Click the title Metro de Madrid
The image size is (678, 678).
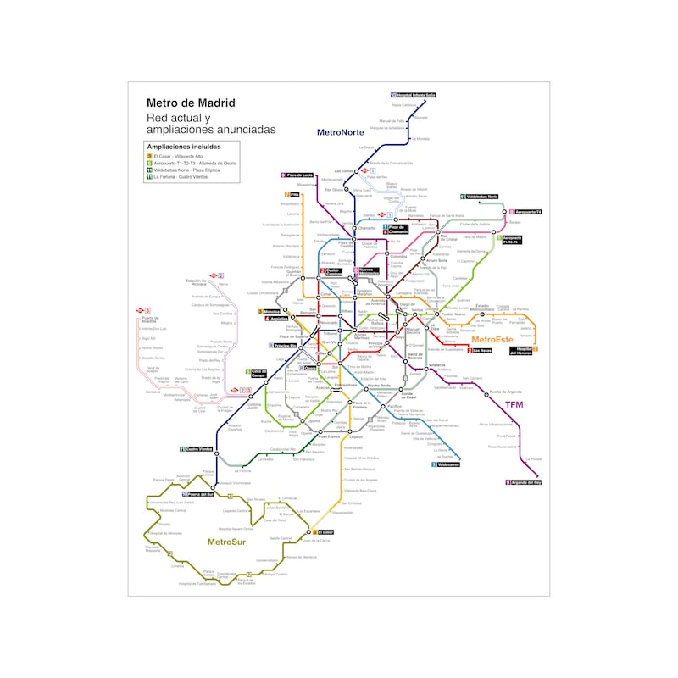pos(191,103)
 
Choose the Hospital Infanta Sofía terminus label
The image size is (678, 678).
pos(414,95)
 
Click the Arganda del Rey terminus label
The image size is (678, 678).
pos(525,482)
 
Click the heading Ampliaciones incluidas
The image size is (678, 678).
pos(184,147)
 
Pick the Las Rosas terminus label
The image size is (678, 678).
pos(482,350)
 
